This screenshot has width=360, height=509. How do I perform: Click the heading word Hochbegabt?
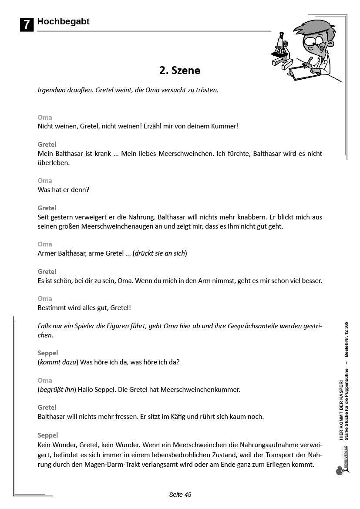pos(63,21)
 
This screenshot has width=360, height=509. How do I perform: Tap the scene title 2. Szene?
pos(180,71)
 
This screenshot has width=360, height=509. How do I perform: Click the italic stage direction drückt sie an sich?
pos(160,253)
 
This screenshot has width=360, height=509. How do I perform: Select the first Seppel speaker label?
pos(48,353)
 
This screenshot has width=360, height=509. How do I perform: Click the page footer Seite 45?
pos(180,495)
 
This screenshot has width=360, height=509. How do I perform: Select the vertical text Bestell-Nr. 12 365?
pos(346,340)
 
